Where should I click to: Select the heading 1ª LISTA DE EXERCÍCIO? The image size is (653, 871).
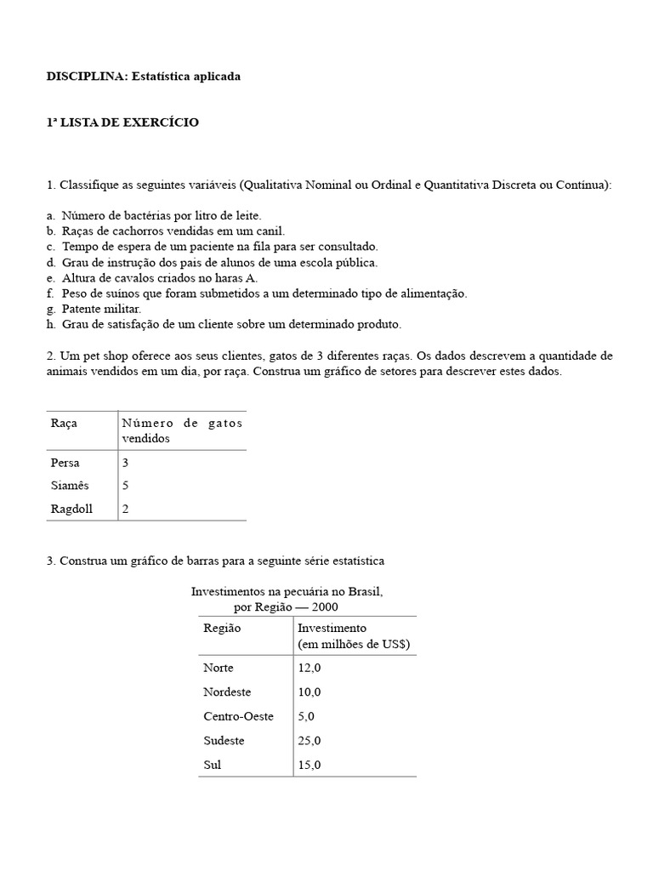pyautogui.click(x=122, y=122)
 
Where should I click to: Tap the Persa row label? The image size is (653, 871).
pyautogui.click(x=65, y=463)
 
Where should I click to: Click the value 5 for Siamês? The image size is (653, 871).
pyautogui.click(x=126, y=486)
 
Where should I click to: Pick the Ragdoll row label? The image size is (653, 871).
pyautogui.click(x=71, y=509)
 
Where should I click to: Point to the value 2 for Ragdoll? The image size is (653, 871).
pyautogui.click(x=126, y=509)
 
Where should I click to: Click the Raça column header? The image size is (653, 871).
pyautogui.click(x=65, y=423)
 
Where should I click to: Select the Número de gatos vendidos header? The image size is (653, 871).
pyautogui.click(x=182, y=430)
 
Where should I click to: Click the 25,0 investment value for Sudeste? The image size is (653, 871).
pyautogui.click(x=309, y=740)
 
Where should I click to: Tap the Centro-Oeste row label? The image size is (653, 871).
pyautogui.click(x=239, y=716)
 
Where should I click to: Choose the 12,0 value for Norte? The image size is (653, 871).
pyautogui.click(x=309, y=668)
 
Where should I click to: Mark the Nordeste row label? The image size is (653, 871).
pyautogui.click(x=228, y=692)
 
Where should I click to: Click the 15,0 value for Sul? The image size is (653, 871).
pyautogui.click(x=309, y=765)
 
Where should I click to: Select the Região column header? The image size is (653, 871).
pyautogui.click(x=223, y=628)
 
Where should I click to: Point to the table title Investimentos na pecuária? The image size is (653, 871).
pyautogui.click(x=287, y=590)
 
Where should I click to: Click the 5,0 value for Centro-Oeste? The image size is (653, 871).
pyautogui.click(x=307, y=716)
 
